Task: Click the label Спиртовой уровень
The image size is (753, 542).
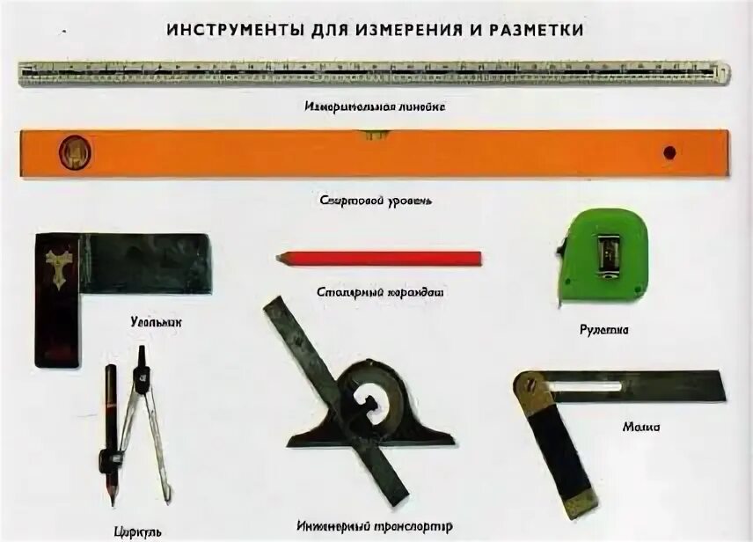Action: (376, 200)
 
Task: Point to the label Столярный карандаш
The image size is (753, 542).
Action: (378, 291)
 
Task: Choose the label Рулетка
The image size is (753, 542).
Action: (603, 330)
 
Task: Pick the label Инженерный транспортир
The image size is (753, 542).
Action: (376, 526)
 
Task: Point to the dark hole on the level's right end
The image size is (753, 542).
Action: (669, 151)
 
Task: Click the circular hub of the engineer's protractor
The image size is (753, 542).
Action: (371, 398)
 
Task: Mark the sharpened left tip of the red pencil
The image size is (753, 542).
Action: (280, 258)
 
